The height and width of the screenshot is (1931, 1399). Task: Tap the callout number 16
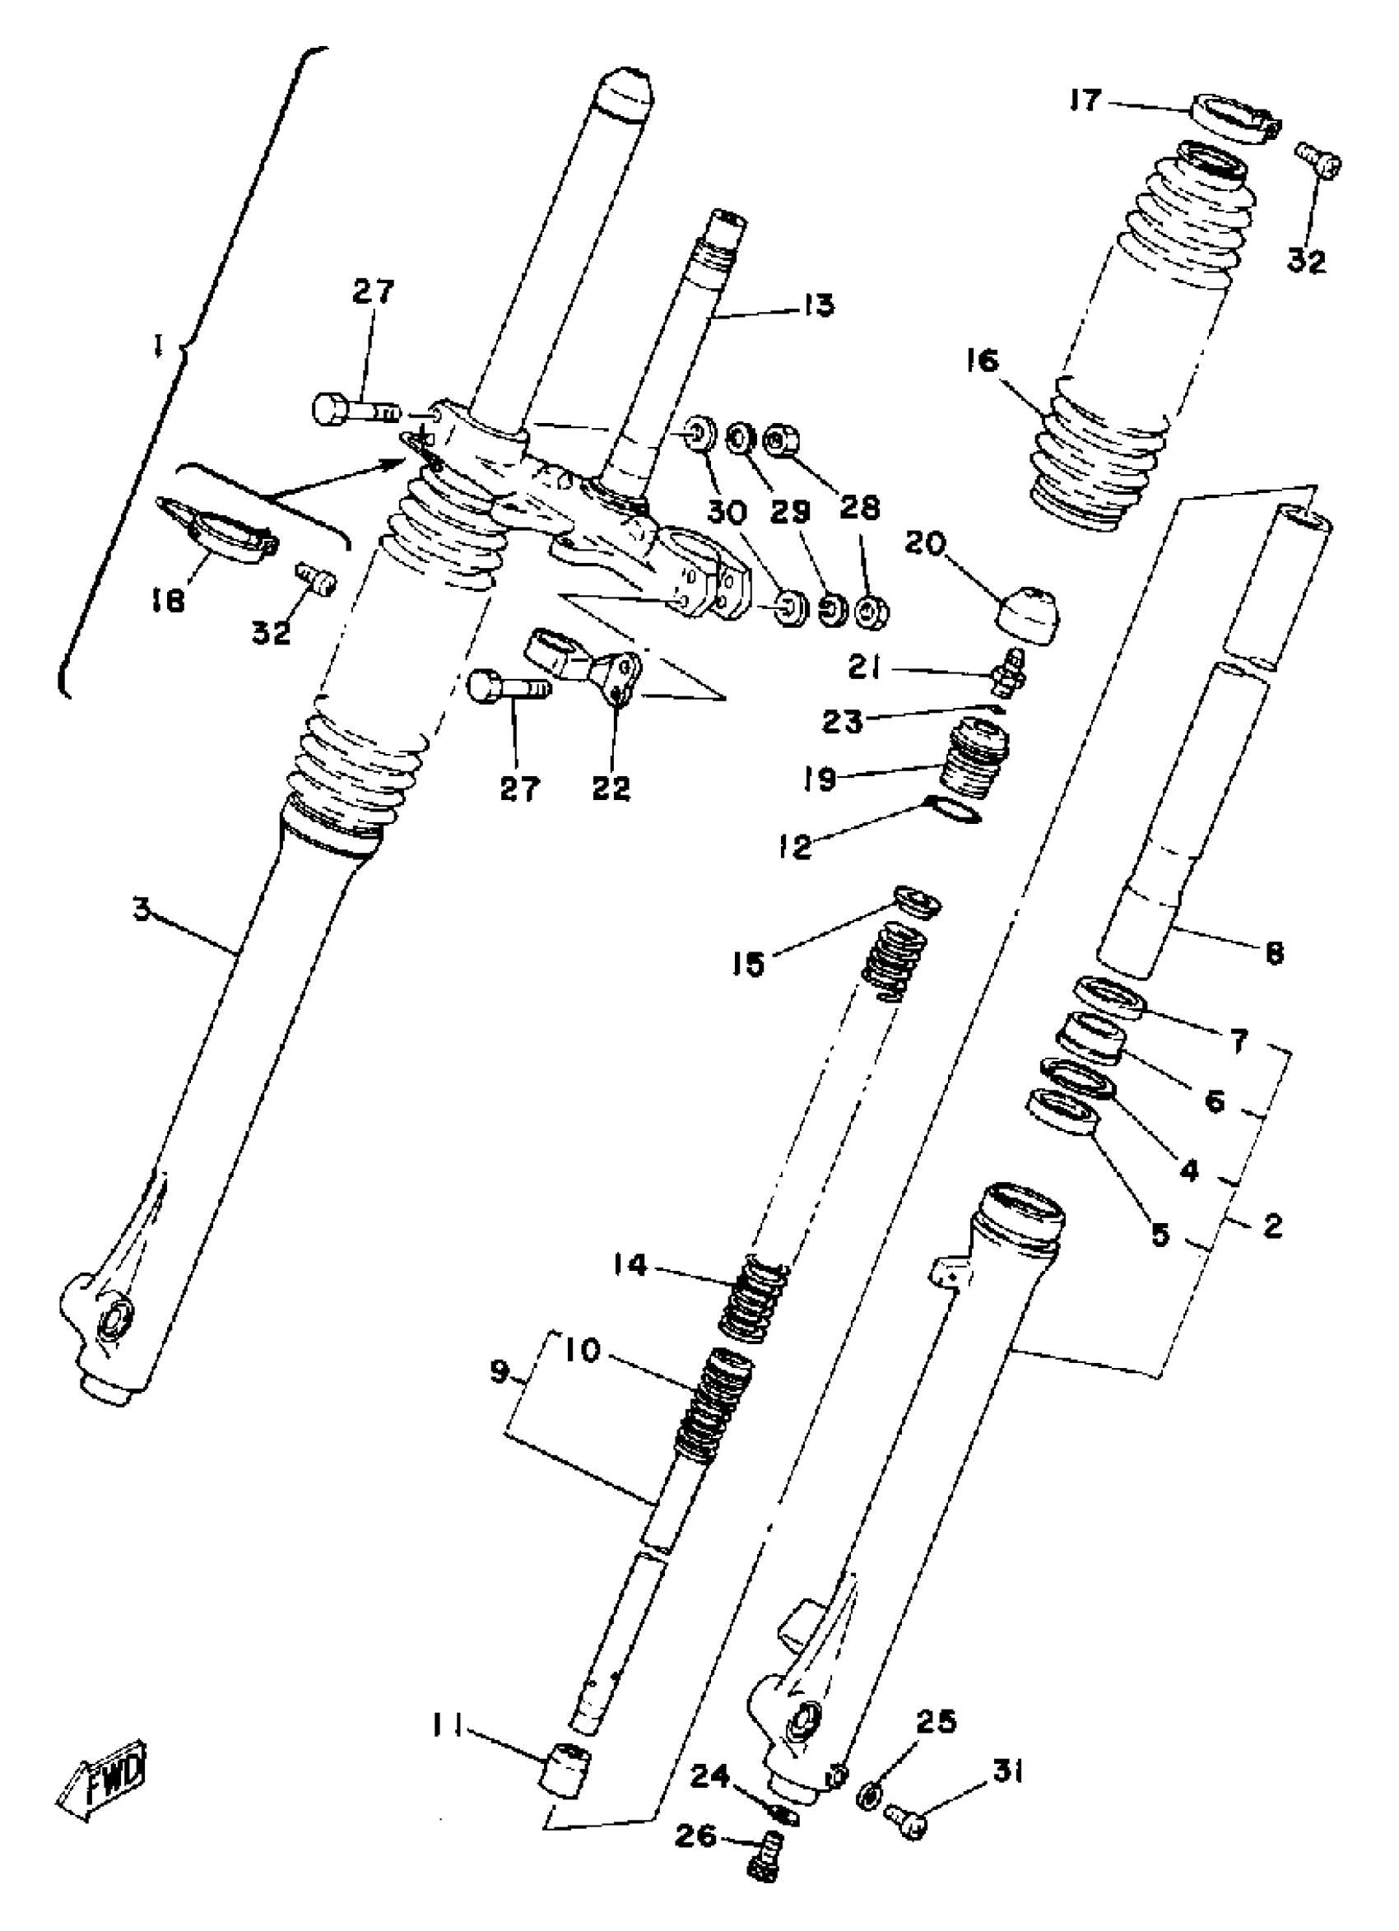point(982,362)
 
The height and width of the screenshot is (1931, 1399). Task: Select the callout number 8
point(1274,954)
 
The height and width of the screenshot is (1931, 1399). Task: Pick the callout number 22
point(611,787)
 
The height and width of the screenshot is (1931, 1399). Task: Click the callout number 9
point(499,1371)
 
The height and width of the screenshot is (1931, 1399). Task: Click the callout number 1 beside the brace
point(158,347)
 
